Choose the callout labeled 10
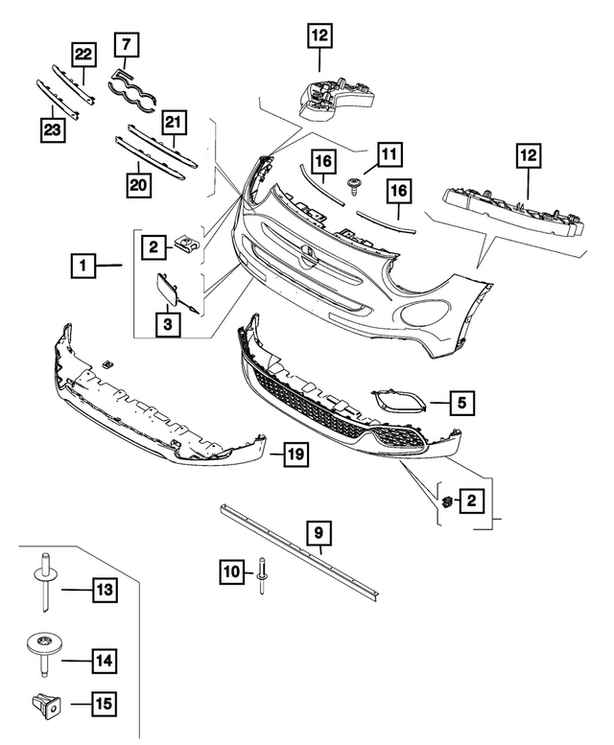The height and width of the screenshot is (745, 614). pos(232,572)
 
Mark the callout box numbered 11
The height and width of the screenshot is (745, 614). pos(390,153)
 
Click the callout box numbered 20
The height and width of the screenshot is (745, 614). pos(141,181)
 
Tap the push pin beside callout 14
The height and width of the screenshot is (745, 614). pos(44,653)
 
